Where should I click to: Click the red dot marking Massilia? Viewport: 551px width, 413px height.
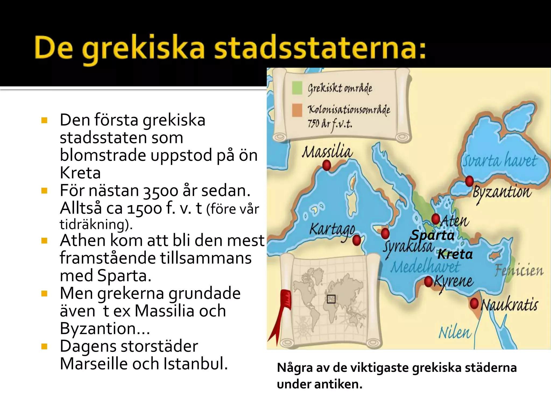pyautogui.click(x=327, y=165)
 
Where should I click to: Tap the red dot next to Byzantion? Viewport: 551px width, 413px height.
pyautogui.click(x=469, y=181)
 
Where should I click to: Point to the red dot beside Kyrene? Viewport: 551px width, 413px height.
pyautogui.click(x=428, y=282)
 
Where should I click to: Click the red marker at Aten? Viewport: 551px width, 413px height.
pyautogui.click(x=436, y=219)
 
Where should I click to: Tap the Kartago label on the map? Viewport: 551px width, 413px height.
pyautogui.click(x=332, y=230)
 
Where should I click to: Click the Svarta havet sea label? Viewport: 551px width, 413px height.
pyautogui.click(x=499, y=161)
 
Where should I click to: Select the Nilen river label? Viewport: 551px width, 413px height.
pyautogui.click(x=455, y=333)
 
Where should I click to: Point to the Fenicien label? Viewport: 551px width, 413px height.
pyautogui.click(x=519, y=270)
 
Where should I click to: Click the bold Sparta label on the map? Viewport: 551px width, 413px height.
pyautogui.click(x=433, y=235)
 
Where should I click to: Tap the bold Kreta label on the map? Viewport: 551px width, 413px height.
pyautogui.click(x=455, y=254)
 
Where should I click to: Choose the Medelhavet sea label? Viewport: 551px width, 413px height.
pyautogui.click(x=425, y=267)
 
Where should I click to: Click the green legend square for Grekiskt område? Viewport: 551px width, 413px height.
pyautogui.click(x=297, y=88)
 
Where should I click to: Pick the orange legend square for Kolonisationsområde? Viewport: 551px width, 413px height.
pyautogui.click(x=297, y=110)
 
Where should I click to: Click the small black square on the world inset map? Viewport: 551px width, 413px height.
pyautogui.click(x=331, y=299)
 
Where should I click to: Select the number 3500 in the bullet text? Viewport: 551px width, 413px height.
pyautogui.click(x=161, y=191)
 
